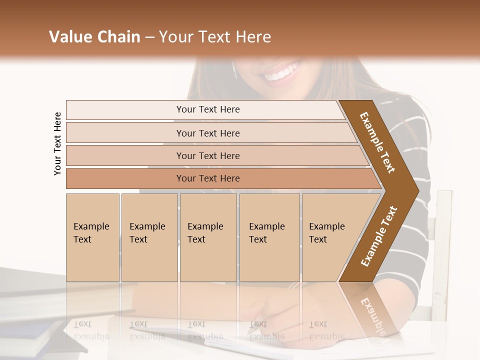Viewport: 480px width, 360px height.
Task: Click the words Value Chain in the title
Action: [x=94, y=37]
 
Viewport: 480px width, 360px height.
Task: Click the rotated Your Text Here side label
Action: [x=57, y=143]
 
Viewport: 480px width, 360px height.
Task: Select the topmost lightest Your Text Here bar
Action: [x=207, y=109]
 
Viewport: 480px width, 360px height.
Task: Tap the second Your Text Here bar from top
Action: [x=207, y=133]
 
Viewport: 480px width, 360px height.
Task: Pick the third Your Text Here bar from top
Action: [x=207, y=155]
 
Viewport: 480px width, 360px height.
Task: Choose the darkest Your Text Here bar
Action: [x=207, y=178]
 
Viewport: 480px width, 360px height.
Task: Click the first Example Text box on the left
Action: [x=92, y=237]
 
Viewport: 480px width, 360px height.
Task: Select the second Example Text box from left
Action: [x=149, y=237]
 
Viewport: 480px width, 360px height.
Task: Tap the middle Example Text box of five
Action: [x=207, y=237]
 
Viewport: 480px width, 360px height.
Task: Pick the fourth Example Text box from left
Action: [x=269, y=237]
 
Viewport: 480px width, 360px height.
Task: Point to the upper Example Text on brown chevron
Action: [x=378, y=142]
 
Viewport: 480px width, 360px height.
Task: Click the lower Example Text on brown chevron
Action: [x=379, y=236]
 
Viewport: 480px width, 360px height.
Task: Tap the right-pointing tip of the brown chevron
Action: [x=416, y=190]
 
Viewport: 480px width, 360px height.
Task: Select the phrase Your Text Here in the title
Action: [x=215, y=37]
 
